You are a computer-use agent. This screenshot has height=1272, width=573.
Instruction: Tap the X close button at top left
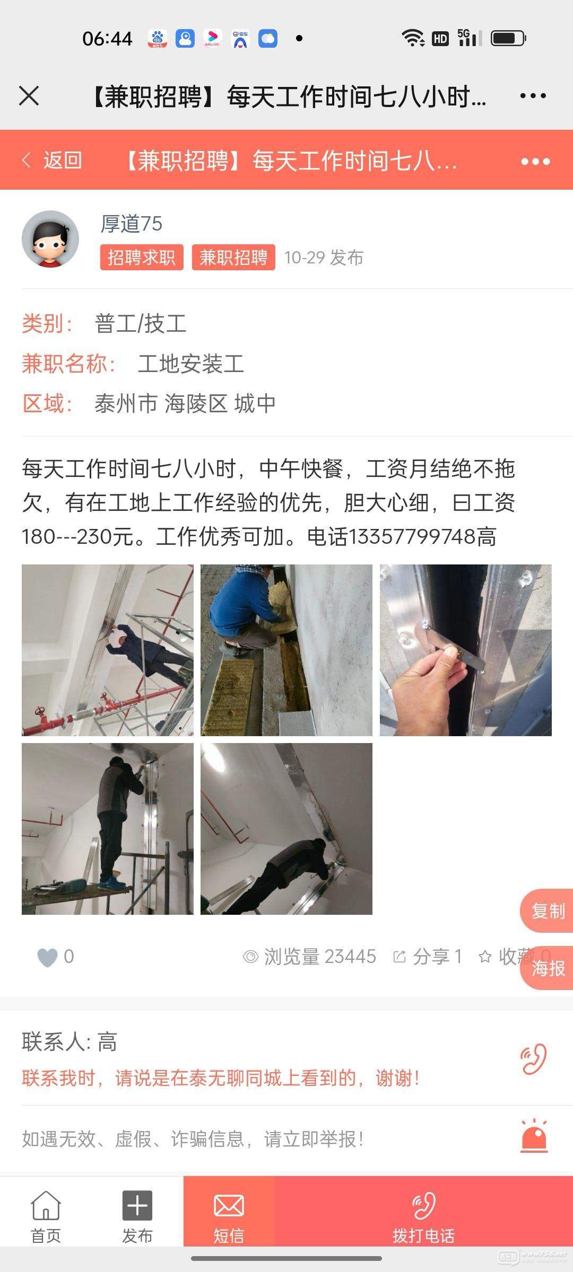click(29, 96)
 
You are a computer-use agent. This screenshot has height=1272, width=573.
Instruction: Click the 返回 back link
click(53, 160)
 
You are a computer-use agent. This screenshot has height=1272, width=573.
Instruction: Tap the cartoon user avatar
click(50, 239)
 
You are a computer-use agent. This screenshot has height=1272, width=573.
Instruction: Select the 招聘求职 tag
click(142, 258)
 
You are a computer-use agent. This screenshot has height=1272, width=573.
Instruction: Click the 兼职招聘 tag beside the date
click(233, 258)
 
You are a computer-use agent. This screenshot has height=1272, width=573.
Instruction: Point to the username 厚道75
click(132, 224)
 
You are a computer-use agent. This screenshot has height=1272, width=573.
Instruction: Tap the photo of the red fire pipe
click(108, 650)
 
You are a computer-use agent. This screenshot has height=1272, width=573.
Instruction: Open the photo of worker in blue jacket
click(286, 650)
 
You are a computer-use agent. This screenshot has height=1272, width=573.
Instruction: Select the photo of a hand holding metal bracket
click(466, 650)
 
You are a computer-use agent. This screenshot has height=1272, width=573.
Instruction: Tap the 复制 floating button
click(548, 911)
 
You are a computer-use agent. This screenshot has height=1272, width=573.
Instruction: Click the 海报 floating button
click(548, 968)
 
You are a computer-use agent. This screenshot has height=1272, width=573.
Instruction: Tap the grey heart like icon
click(47, 957)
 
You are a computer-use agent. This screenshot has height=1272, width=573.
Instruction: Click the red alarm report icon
click(534, 1136)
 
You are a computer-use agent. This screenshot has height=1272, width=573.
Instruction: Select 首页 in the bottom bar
click(46, 1217)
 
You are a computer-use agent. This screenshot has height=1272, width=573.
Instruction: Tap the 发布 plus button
click(137, 1217)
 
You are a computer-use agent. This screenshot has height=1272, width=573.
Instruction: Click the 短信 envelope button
click(229, 1217)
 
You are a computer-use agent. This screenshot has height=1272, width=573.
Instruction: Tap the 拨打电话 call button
click(423, 1217)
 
